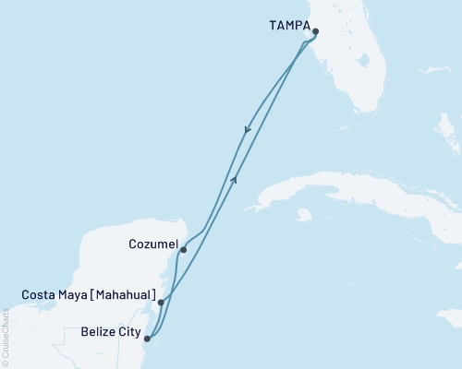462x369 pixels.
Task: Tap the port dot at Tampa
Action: coord(316,31)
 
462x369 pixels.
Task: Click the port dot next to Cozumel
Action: coord(183,249)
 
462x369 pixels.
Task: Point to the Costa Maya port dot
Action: coord(161,302)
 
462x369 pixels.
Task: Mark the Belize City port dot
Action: coord(146,339)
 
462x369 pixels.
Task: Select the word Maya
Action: coord(72,295)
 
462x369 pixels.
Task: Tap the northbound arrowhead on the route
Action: coord(236,179)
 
